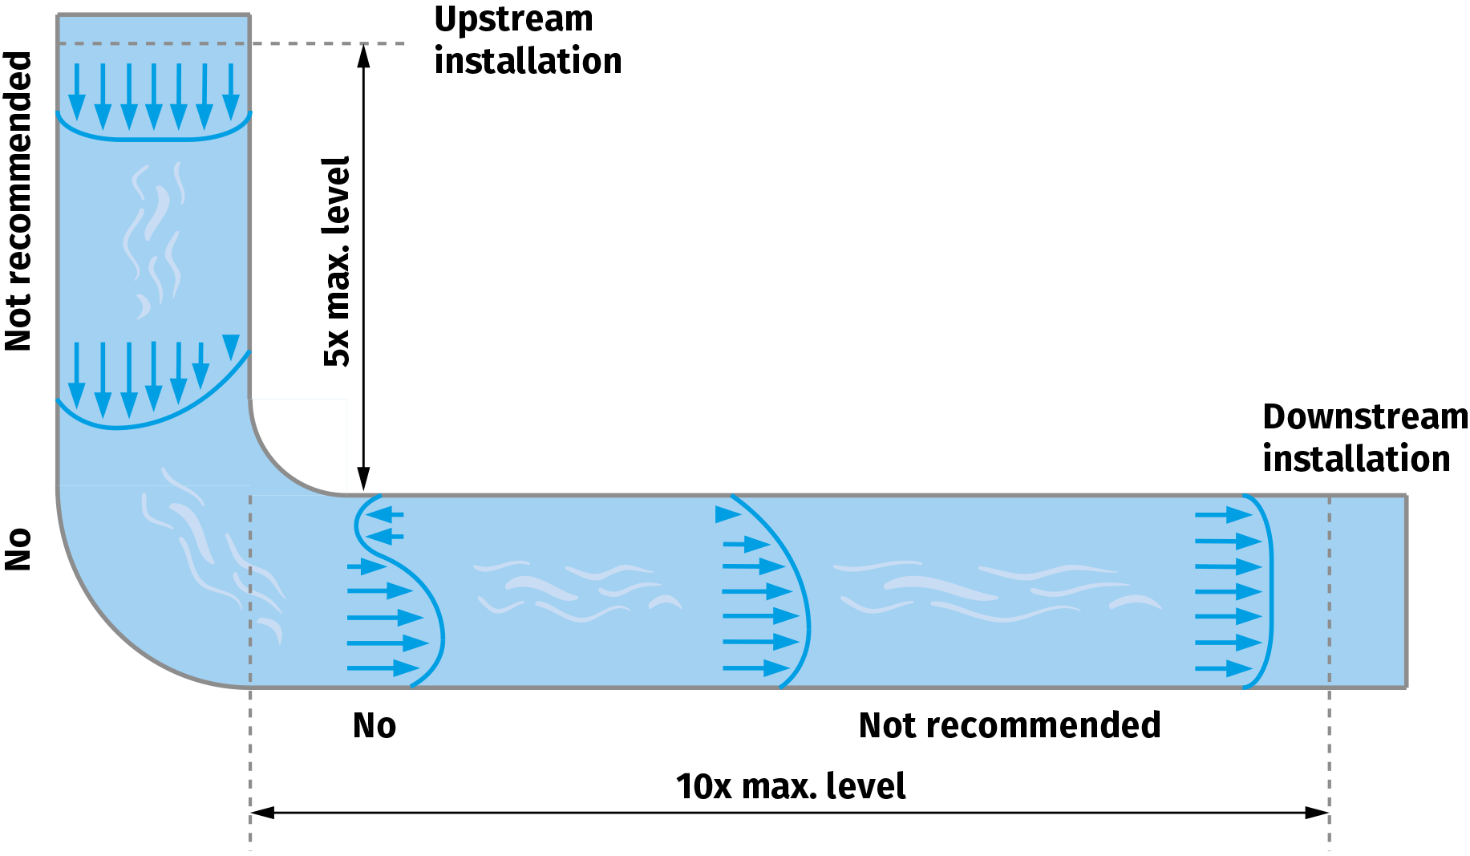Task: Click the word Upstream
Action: click(x=513, y=19)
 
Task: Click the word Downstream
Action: click(x=1365, y=417)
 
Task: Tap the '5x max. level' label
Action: click(x=337, y=262)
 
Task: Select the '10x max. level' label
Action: click(x=791, y=786)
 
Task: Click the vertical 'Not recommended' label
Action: click(x=18, y=201)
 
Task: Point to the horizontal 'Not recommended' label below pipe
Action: click(x=1009, y=725)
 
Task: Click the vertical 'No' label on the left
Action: click(x=18, y=549)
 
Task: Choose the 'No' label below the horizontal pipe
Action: click(x=375, y=725)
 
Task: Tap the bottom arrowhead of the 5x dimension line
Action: click(x=363, y=480)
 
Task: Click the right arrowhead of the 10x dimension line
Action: click(x=1317, y=813)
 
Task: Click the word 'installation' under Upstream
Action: click(x=528, y=61)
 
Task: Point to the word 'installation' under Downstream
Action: click(x=1356, y=459)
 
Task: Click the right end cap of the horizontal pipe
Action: click(x=1406, y=591)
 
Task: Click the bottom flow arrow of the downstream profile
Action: click(x=1225, y=667)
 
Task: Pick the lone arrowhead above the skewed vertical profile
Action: click(x=231, y=346)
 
